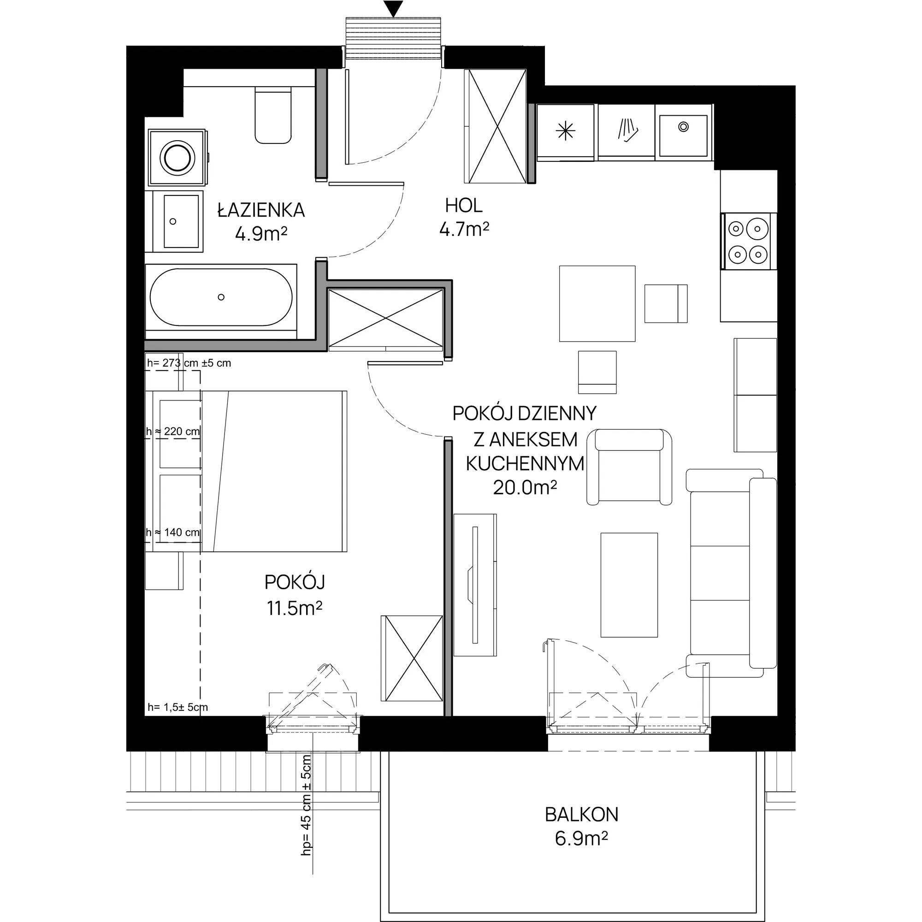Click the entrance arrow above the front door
393,9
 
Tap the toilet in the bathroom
273,114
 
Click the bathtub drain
221,297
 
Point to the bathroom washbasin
181,221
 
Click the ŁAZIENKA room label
261,210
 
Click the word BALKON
581,815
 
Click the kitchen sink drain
683,126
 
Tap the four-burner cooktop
747,241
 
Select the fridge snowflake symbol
566,131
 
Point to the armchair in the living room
629,467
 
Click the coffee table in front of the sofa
629,585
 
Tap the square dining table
597,303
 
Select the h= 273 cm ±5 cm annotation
189,363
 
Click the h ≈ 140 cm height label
173,532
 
